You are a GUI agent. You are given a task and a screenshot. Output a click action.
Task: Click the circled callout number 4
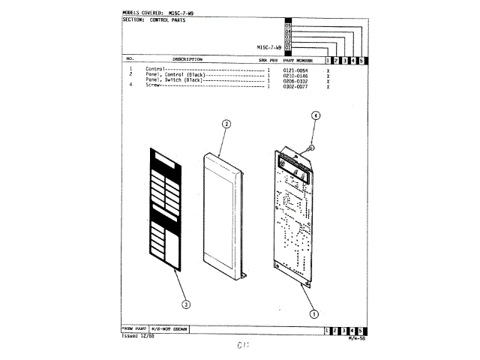(x=316, y=115)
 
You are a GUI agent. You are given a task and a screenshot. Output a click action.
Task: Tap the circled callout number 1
(x=313, y=314)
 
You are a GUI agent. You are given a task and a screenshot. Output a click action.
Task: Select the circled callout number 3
(x=186, y=304)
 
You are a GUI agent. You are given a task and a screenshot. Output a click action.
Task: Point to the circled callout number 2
(x=226, y=124)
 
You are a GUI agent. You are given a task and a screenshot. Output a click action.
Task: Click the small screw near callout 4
(x=312, y=146)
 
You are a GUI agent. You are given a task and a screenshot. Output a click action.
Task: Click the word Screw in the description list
(x=152, y=85)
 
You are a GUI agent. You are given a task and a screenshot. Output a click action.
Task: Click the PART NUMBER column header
(x=293, y=59)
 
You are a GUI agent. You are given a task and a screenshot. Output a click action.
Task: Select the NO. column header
(x=130, y=58)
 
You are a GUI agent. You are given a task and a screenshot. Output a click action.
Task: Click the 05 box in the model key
(x=287, y=25)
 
